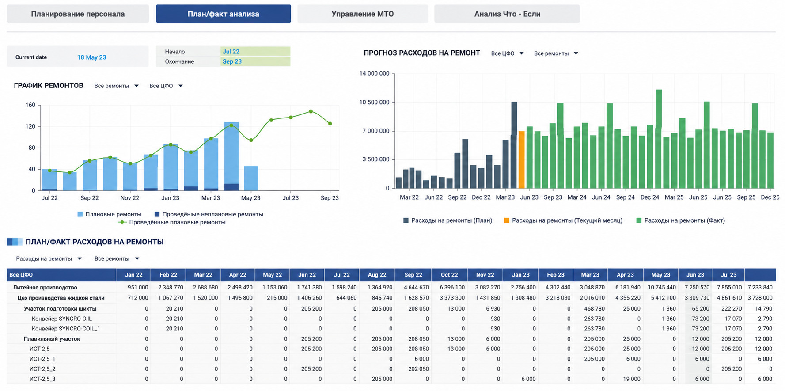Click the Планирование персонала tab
(x=78, y=14)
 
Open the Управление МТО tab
(x=363, y=14)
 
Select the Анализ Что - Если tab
(x=507, y=14)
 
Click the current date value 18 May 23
(x=91, y=57)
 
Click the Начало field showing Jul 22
(x=255, y=52)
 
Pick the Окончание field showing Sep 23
(x=255, y=61)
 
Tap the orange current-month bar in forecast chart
(x=522, y=160)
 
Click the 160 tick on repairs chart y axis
(x=30, y=105)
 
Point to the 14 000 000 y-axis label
(x=374, y=73)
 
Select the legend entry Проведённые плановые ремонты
(x=172, y=222)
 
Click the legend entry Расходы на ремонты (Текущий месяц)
(x=563, y=220)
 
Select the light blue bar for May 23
(x=251, y=178)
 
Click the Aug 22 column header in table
(x=377, y=275)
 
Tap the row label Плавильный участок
(x=52, y=339)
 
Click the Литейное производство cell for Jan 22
(x=138, y=287)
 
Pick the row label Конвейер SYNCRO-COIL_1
(x=66, y=329)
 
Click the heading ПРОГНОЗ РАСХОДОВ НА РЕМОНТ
(x=421, y=53)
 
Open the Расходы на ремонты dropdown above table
(x=49, y=259)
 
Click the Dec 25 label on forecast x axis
(x=770, y=197)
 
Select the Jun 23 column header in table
(x=695, y=275)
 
